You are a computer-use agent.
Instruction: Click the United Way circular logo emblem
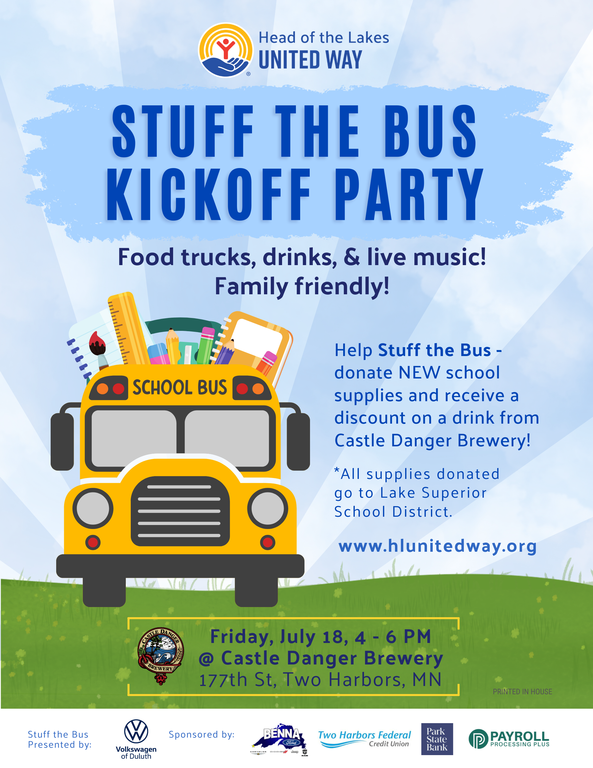(x=226, y=50)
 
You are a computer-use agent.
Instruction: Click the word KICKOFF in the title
(x=209, y=194)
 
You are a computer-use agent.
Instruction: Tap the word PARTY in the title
(x=409, y=194)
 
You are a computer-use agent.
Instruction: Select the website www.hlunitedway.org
(x=437, y=546)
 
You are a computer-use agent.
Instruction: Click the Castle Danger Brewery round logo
(x=161, y=656)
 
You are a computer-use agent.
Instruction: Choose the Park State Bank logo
(x=437, y=739)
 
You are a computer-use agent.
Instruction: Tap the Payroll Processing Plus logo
(x=509, y=739)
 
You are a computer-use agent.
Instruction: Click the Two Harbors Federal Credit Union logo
(x=364, y=739)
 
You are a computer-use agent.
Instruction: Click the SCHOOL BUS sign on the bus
(x=180, y=387)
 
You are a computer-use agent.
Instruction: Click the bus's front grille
(x=180, y=511)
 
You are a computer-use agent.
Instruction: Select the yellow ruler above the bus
(x=129, y=329)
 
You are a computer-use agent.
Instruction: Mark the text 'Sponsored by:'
(x=201, y=734)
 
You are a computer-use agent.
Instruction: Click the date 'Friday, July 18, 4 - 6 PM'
(x=320, y=637)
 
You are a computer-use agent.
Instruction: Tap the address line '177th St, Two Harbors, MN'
(x=320, y=680)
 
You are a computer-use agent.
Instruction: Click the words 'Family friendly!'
(x=302, y=286)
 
